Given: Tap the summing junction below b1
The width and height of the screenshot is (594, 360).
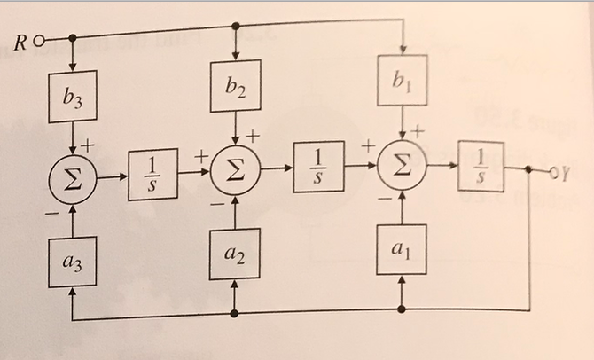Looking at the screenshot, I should [402, 166].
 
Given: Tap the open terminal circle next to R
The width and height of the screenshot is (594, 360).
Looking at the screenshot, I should [40, 40].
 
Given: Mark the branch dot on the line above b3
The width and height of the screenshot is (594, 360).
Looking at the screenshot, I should [72, 38].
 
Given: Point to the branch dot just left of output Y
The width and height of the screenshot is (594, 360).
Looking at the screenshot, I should [530, 169].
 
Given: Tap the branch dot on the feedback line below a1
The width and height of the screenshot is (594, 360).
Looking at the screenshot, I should [402, 309].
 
